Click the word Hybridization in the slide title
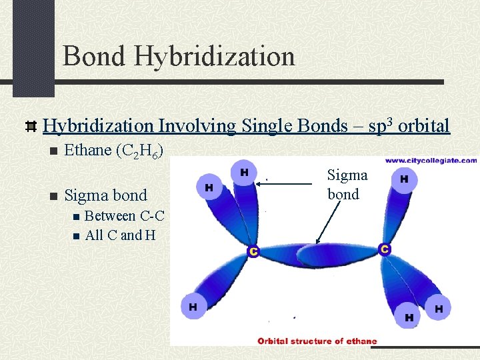(x=214, y=56)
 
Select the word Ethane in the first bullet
(x=87, y=150)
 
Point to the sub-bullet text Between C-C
(x=125, y=216)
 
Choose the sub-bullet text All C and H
(x=114, y=235)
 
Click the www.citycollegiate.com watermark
(x=431, y=161)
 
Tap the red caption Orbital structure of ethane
(x=317, y=341)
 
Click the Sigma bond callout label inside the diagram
(x=347, y=185)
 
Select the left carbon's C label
(x=253, y=251)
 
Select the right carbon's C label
(x=384, y=249)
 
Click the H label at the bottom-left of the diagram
(x=193, y=307)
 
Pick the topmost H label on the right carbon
(x=404, y=179)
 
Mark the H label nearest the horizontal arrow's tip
(x=244, y=173)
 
